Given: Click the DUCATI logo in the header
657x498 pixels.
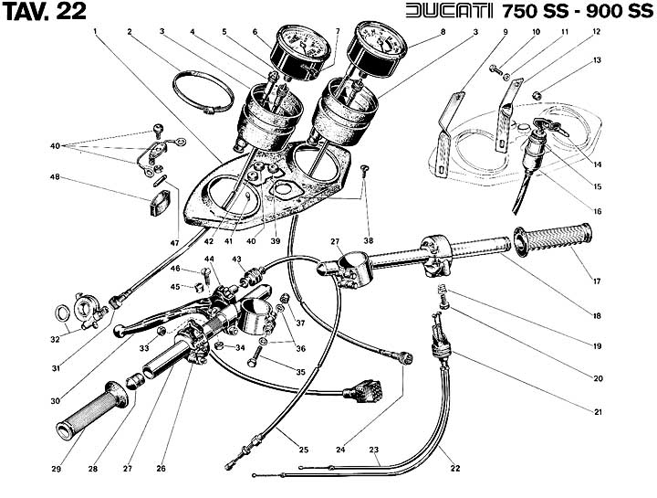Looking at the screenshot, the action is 449,11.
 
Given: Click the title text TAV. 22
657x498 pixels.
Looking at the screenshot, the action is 44,11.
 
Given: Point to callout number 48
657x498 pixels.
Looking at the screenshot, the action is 55,177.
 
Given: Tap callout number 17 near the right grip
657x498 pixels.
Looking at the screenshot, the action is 597,281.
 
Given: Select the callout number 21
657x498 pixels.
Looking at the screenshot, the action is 598,412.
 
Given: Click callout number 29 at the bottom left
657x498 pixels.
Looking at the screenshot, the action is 56,469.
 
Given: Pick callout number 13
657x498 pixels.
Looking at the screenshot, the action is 597,60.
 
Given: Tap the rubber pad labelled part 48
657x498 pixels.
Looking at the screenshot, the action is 159,203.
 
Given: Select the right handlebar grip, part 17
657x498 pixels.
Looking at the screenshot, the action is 553,240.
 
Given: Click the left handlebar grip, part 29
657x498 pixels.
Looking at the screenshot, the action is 92,410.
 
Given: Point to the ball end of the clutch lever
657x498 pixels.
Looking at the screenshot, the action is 119,332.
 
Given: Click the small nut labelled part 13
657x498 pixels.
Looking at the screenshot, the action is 537,95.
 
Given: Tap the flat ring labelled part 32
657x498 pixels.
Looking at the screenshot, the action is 63,313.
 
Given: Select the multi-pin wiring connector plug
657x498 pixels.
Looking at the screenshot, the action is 363,391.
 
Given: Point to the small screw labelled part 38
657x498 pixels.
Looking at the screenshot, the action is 364,170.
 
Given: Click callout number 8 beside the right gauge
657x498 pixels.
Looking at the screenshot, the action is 443,31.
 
